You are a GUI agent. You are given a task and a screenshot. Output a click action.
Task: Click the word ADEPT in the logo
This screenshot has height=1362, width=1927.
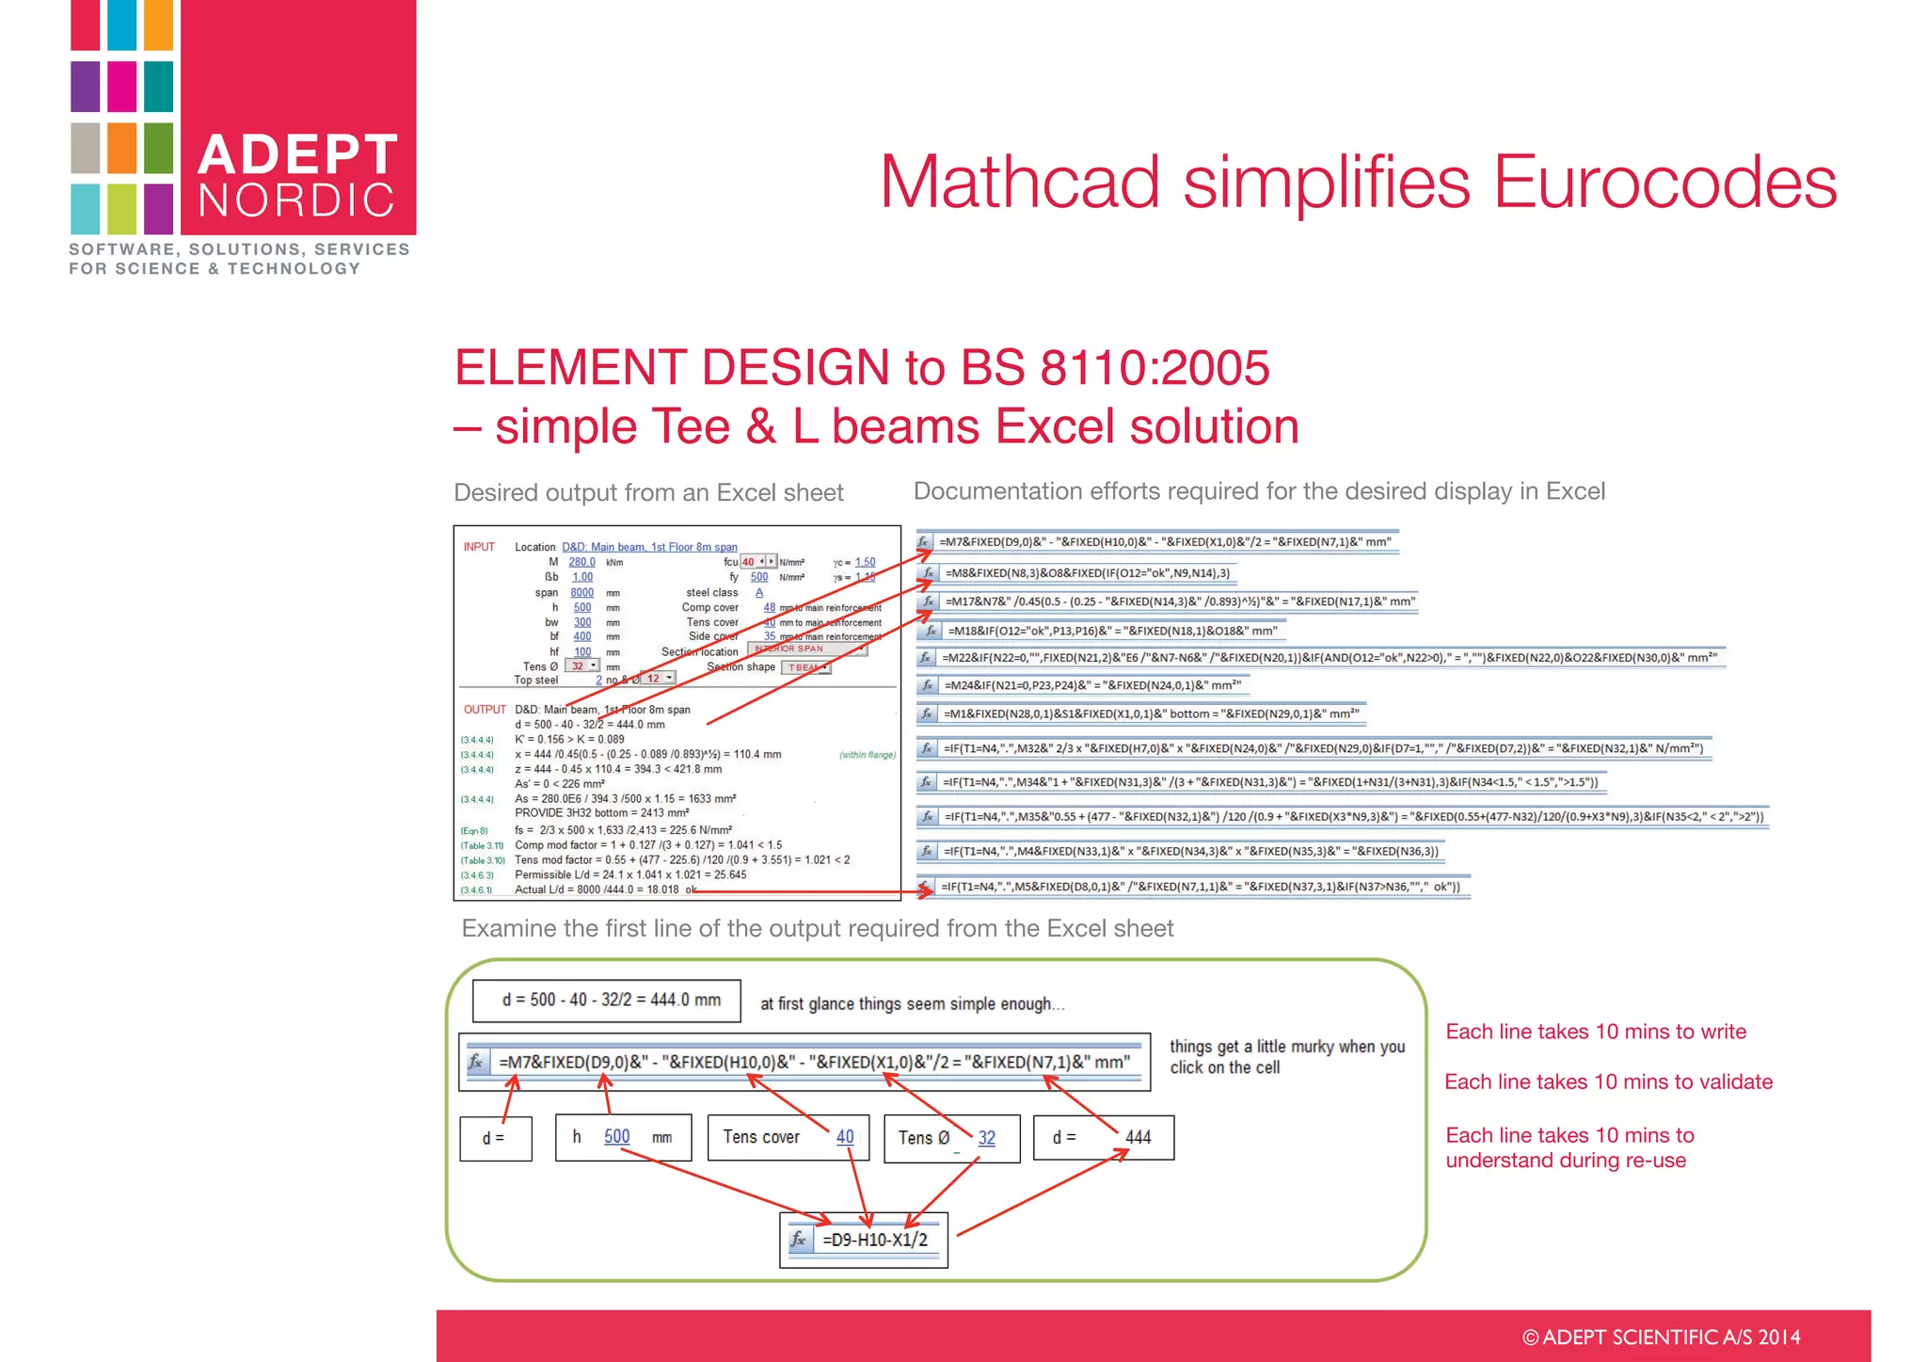pyautogui.click(x=297, y=154)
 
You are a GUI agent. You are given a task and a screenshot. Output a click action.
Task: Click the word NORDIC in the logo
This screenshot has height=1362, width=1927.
pyautogui.click(x=297, y=200)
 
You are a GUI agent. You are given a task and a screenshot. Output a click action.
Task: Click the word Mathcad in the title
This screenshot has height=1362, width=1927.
pyautogui.click(x=1020, y=182)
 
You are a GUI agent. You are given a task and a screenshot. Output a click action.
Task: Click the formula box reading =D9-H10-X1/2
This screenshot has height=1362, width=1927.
pyautogui.click(x=874, y=1240)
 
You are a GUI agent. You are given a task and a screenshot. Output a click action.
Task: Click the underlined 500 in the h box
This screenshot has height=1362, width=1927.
pyautogui.click(x=616, y=1136)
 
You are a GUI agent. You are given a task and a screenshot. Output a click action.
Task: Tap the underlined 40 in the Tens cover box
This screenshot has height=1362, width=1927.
pyautogui.click(x=845, y=1136)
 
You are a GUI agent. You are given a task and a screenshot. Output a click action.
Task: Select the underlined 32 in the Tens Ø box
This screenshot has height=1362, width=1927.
pyautogui.click(x=986, y=1137)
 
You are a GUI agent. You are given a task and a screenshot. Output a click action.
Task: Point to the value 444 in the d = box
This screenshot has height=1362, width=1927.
pyautogui.click(x=1138, y=1137)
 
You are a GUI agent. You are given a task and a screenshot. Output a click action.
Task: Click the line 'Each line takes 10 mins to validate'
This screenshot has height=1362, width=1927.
pyautogui.click(x=1608, y=1082)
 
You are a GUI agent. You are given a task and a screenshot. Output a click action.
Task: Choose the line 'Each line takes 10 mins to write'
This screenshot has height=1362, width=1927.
pyautogui.click(x=1596, y=1032)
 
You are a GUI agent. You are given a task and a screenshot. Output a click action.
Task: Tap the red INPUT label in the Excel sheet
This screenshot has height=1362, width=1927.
pyautogui.click(x=479, y=547)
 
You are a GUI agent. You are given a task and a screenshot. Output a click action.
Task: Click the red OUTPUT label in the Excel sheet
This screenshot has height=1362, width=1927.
pyautogui.click(x=485, y=710)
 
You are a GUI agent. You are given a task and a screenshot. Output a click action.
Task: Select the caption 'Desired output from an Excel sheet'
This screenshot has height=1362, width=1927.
pyautogui.click(x=648, y=492)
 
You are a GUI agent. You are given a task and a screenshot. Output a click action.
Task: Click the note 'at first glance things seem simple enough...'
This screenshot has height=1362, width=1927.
pyautogui.click(x=912, y=1003)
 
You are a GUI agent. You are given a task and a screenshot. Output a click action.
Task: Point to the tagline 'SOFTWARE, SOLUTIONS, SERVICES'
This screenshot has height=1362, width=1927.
pyautogui.click(x=239, y=249)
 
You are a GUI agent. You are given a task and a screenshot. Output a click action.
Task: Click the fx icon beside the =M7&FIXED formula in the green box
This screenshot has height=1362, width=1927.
pyautogui.click(x=477, y=1062)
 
